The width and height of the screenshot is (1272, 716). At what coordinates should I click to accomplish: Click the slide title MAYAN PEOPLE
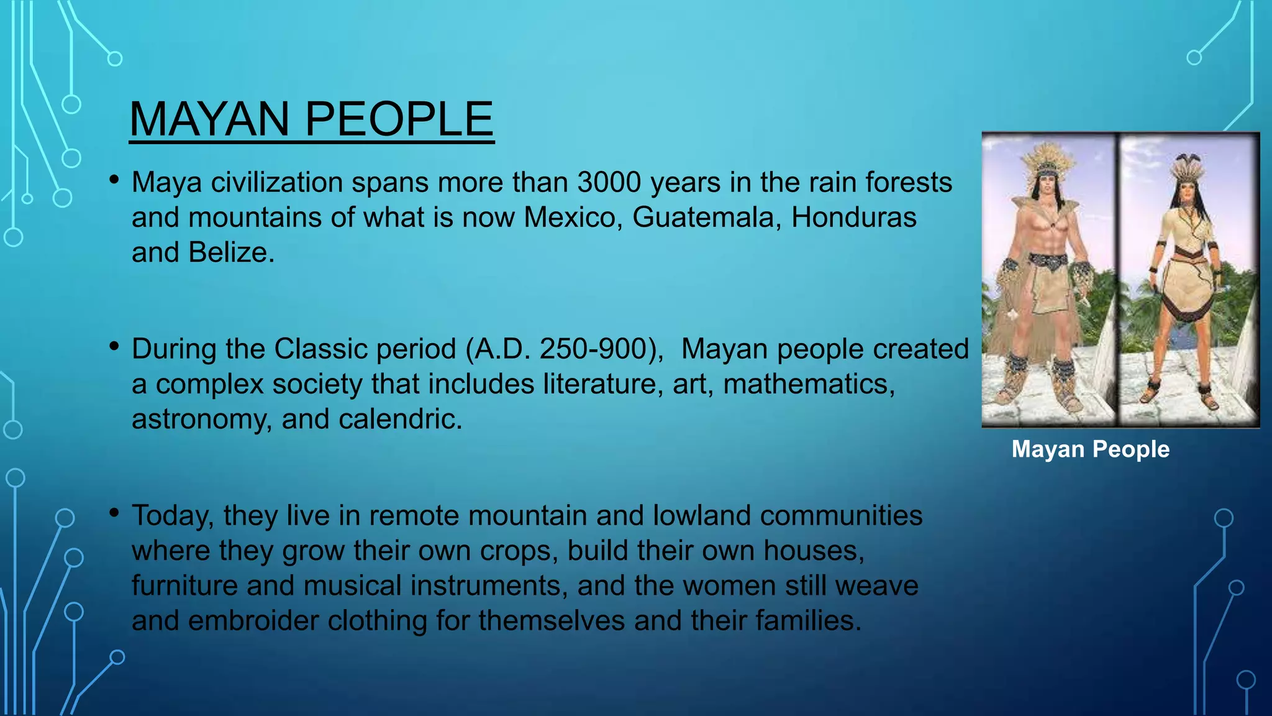(x=311, y=119)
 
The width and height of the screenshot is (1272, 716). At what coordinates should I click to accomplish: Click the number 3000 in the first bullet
(x=609, y=183)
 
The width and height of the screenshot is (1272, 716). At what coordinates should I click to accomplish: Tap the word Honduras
(x=853, y=218)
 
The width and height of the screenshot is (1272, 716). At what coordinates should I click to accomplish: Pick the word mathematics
(x=808, y=384)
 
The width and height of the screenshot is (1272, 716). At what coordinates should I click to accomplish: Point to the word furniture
(x=184, y=586)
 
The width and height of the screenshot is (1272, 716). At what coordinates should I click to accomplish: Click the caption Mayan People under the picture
(x=1090, y=449)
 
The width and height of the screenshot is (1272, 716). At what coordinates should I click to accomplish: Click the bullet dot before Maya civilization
(x=114, y=180)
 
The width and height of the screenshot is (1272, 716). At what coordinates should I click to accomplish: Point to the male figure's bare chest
(x=1049, y=233)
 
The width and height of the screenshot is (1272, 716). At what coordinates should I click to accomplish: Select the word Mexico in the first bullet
(x=571, y=218)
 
